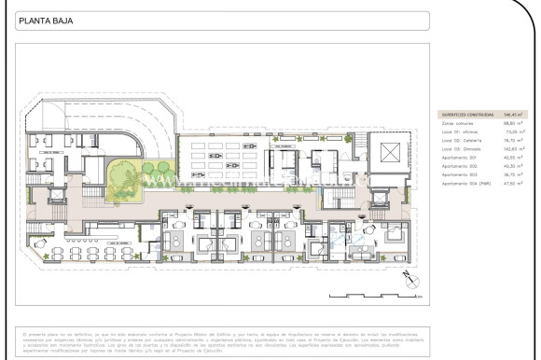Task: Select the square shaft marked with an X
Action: pos(388,149)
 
